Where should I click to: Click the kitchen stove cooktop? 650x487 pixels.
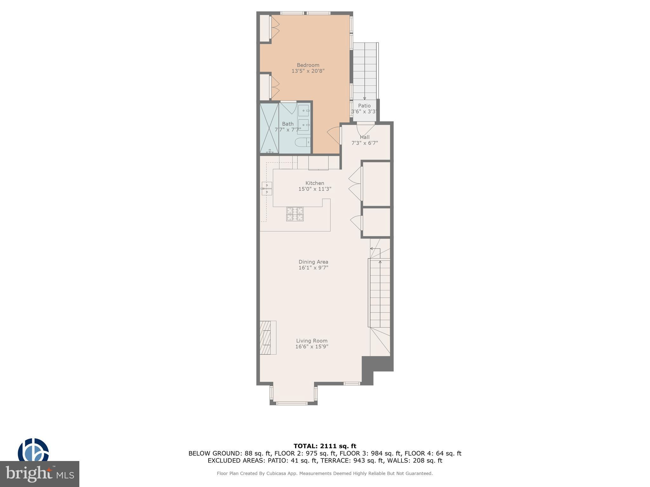(295, 214)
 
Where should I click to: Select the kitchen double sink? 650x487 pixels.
(267, 189)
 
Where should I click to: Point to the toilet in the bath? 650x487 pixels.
(303, 142)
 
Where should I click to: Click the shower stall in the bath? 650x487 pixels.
(269, 128)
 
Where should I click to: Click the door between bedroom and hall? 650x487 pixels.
(334, 135)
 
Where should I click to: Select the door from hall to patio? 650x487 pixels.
(366, 128)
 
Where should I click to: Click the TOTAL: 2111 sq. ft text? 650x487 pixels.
(325, 446)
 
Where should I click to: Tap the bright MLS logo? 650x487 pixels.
(40, 474)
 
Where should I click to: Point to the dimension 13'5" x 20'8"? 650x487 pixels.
(308, 71)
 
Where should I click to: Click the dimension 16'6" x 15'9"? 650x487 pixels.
(312, 347)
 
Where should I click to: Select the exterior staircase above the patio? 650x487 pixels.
(365, 71)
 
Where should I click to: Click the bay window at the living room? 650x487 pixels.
(294, 395)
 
